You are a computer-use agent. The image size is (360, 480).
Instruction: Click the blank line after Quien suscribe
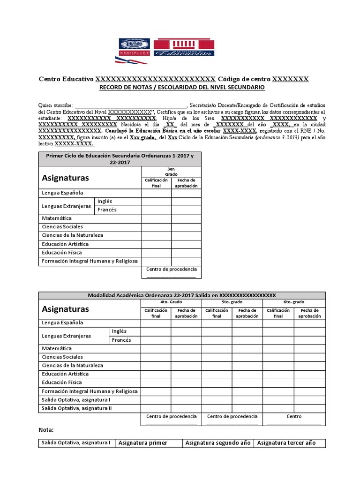[131, 106]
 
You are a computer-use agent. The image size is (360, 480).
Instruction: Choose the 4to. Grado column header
[171, 303]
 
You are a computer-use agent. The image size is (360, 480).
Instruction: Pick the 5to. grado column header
[232, 303]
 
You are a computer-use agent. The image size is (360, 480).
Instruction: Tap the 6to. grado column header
[294, 303]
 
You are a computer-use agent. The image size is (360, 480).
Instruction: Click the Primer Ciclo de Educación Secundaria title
[120, 158]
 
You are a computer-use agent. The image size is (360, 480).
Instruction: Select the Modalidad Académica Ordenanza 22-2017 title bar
[182, 295]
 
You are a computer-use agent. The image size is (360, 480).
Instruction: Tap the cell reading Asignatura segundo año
[218, 443]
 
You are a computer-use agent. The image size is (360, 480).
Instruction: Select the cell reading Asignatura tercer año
[286, 443]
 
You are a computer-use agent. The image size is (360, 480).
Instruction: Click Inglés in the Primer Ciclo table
[105, 201]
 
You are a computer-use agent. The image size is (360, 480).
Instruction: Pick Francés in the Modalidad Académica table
[121, 340]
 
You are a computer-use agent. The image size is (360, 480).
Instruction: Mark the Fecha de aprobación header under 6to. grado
[309, 313]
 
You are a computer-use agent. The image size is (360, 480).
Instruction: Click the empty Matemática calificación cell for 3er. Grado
[156, 218]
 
